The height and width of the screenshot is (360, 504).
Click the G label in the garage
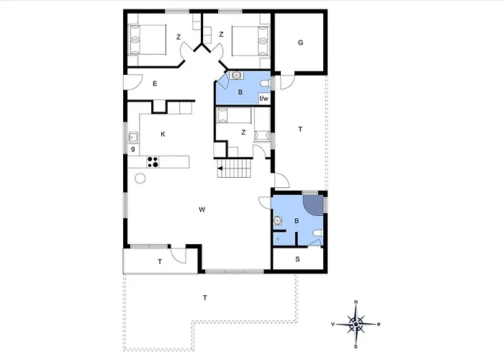[300, 42]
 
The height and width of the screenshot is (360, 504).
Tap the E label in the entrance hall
[155, 84]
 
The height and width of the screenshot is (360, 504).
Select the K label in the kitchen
[163, 135]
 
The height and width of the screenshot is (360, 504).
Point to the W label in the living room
[202, 210]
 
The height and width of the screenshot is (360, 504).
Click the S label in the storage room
[297, 259]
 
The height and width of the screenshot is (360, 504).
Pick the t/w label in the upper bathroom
[264, 99]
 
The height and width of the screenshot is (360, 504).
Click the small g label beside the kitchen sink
[132, 149]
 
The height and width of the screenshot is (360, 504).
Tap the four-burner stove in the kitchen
[153, 162]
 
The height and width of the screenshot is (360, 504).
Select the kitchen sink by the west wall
[133, 138]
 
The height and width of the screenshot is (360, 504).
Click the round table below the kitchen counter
[140, 178]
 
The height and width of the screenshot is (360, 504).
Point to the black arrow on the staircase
[220, 168]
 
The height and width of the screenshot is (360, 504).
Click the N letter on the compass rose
[356, 302]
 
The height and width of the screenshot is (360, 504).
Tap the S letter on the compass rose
[356, 347]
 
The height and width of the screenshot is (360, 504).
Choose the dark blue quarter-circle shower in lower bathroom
[313, 204]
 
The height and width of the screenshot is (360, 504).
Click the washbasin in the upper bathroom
[237, 75]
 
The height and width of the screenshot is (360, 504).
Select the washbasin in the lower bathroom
[277, 221]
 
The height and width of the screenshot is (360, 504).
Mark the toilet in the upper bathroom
[266, 84]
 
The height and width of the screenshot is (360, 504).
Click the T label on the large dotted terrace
[204, 298]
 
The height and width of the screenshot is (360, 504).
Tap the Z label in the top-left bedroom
[179, 37]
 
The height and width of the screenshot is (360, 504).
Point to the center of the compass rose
[356, 324]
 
